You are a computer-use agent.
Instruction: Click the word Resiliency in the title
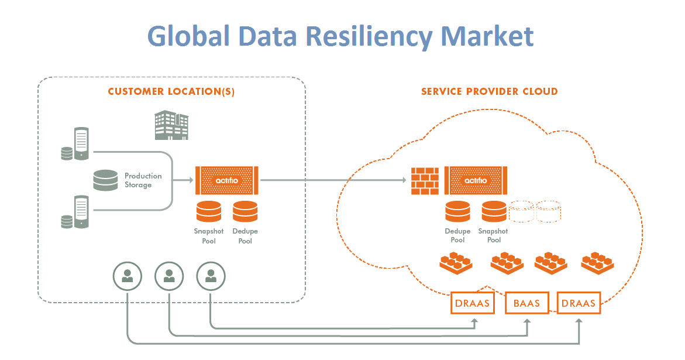(x=370, y=36)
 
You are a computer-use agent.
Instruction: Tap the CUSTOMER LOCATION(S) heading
(x=171, y=92)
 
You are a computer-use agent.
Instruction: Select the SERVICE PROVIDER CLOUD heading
(x=489, y=92)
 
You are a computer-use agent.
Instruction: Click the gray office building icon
(x=171, y=125)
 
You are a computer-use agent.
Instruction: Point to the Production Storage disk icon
(x=105, y=180)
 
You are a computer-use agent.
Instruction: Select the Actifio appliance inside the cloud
(x=475, y=181)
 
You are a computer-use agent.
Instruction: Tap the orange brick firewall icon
(x=425, y=181)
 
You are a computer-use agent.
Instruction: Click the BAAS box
(x=526, y=303)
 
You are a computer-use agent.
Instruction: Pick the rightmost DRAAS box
(x=579, y=303)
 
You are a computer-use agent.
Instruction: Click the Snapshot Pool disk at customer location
(x=209, y=211)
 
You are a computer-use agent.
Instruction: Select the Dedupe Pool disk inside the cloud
(x=457, y=211)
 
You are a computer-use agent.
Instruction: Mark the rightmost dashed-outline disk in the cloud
(x=549, y=211)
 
